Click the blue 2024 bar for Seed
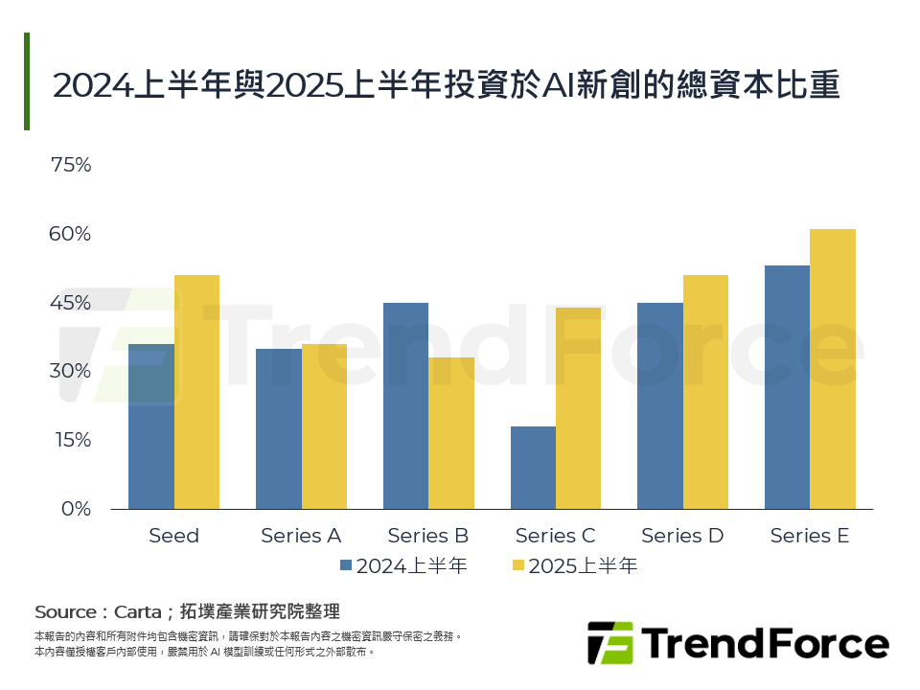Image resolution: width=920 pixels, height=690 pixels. point(151,426)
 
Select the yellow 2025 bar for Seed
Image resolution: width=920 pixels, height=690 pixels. point(196,392)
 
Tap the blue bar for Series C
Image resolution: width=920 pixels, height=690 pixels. point(533,468)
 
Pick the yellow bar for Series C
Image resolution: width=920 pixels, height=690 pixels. point(578,408)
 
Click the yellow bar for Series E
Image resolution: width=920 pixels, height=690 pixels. point(833,369)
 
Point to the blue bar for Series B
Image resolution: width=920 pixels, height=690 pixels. point(405,406)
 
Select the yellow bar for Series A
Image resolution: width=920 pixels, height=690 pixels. point(324,426)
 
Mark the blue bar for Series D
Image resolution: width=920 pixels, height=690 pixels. point(660,406)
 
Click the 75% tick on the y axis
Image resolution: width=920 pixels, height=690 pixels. point(70,165)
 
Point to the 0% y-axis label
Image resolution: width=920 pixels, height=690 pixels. point(76,509)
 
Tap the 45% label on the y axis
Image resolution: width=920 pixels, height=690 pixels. point(70,303)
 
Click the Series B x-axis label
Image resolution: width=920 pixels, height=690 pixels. point(428,536)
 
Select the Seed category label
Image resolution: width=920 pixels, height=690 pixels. point(173,536)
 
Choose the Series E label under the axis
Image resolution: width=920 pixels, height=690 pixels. point(810,536)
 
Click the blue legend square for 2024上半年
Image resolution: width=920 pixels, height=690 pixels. point(346,565)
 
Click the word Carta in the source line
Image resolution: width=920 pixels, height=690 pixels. point(137,611)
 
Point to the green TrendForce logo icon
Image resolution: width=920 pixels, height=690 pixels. point(610,642)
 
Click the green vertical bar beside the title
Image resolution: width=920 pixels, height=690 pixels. point(27,81)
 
